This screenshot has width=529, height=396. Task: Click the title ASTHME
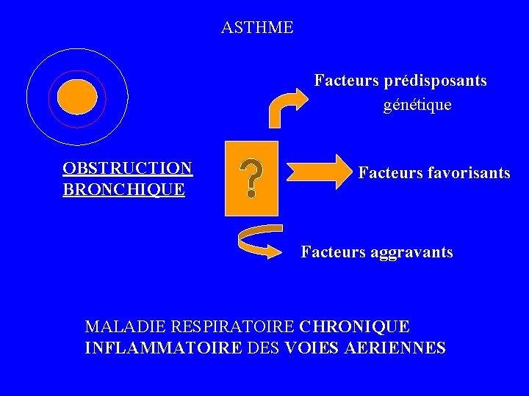tap(257, 28)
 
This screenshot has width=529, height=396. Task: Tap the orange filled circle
tap(77, 97)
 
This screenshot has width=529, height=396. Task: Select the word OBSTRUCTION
tap(128, 169)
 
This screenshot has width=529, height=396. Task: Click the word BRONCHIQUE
tap(123, 190)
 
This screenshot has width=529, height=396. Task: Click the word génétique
tap(417, 106)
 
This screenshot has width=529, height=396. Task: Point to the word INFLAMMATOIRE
tap(162, 348)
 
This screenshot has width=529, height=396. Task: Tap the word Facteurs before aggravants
tap(331, 253)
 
